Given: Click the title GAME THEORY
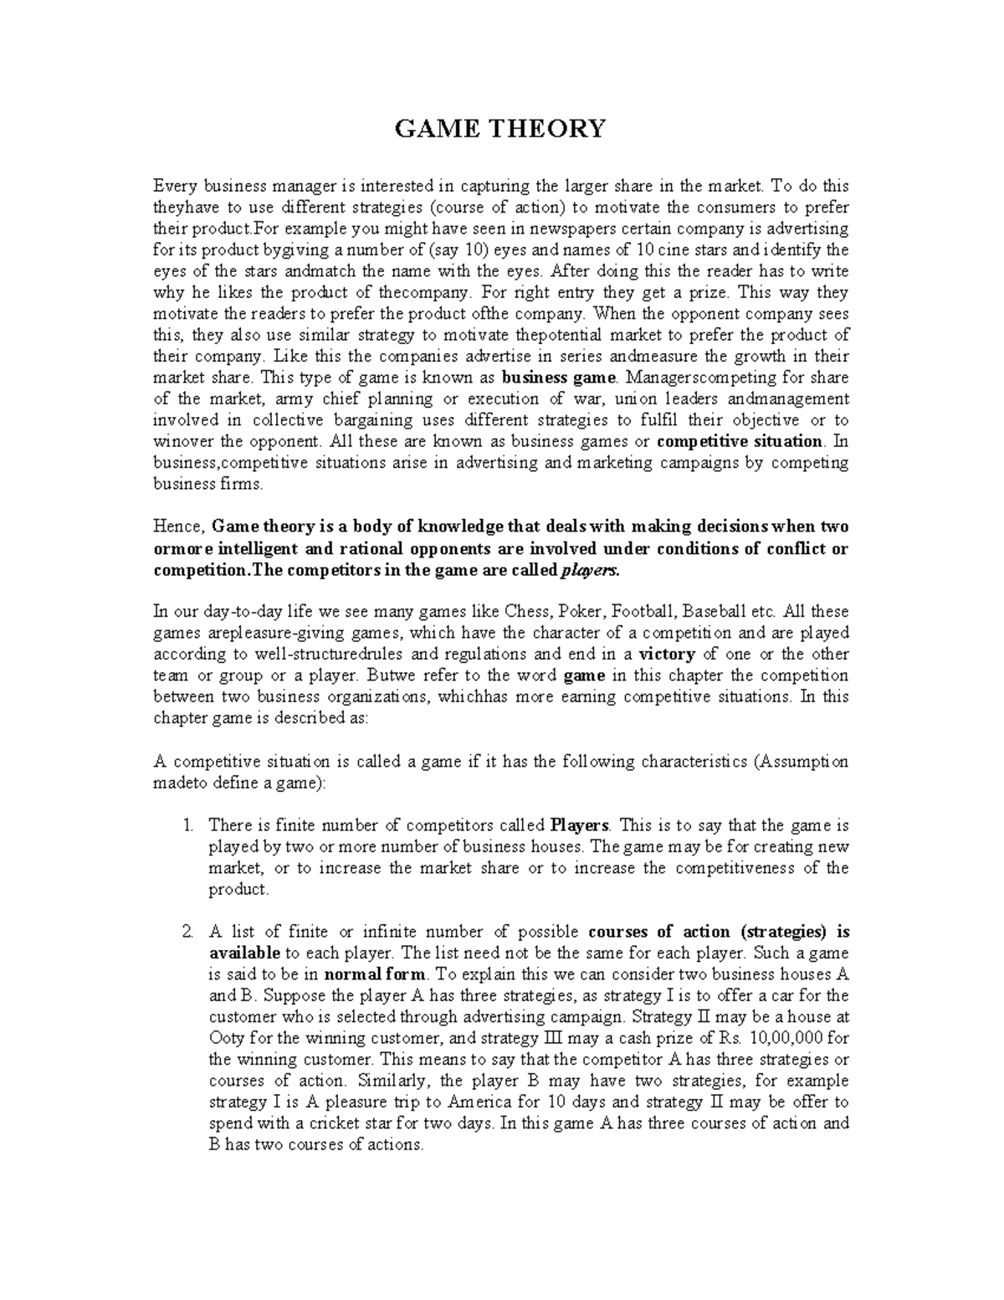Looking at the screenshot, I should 500,129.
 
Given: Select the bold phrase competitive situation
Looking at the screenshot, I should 740,441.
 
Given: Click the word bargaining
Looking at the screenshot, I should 367,420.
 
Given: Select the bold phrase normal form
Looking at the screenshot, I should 374,974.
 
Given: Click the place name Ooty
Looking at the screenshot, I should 225,1038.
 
